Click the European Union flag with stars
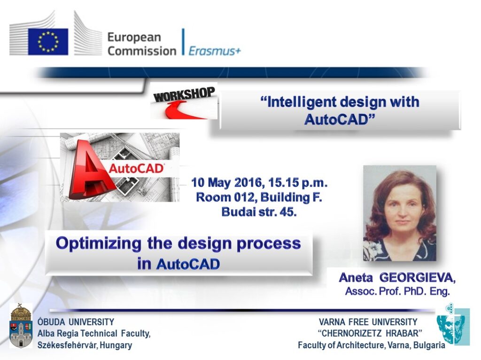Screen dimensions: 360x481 [47, 42]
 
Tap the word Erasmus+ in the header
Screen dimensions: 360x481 [215, 51]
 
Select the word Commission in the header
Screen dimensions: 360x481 [142, 50]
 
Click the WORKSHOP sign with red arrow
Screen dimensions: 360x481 [184, 101]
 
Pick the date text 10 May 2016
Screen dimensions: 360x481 [226, 182]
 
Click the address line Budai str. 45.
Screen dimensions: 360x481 [259, 211]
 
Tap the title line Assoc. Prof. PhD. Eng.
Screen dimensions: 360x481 [397, 291]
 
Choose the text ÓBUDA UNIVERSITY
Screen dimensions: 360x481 [76, 322]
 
